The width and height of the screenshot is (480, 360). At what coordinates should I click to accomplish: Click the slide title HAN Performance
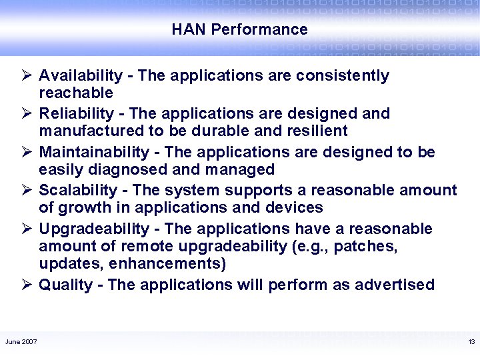[x=239, y=30]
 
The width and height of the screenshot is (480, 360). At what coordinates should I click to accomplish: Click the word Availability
[x=81, y=76]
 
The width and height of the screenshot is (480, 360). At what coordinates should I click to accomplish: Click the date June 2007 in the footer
[x=21, y=342]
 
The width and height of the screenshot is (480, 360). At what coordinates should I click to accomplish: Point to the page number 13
[x=471, y=342]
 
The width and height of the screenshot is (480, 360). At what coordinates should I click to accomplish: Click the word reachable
[x=76, y=92]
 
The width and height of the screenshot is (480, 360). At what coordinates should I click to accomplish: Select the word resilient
[x=317, y=131]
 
